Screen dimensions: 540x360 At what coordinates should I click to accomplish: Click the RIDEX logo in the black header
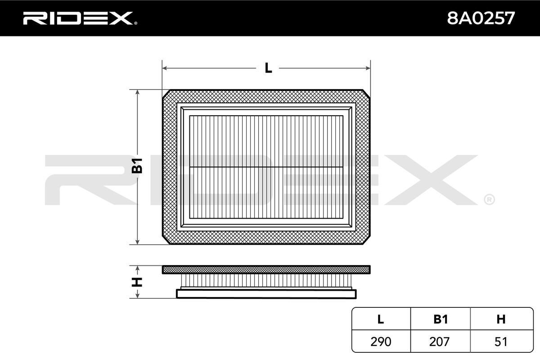80,18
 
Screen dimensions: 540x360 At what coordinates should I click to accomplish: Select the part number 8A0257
481,18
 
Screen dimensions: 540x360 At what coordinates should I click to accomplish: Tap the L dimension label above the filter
268,68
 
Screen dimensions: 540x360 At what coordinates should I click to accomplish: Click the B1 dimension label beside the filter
137,166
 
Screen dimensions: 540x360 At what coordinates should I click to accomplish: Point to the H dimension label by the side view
137,282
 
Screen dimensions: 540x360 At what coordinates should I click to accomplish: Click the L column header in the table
381,319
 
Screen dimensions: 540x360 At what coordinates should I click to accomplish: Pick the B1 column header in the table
441,319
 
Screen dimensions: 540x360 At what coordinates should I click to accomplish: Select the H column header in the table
501,319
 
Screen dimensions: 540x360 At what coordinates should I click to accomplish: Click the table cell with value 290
381,342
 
